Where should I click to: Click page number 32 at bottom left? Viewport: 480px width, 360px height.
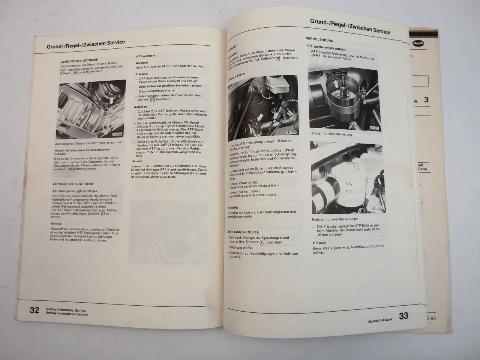coord(34,310)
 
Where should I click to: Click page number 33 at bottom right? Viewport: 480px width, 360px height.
coord(403,316)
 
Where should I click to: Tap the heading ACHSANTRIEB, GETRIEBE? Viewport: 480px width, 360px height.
coord(79,60)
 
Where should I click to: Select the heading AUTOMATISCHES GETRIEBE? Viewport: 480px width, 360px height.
coord(73,184)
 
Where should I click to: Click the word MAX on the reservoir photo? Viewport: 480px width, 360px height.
coord(349,184)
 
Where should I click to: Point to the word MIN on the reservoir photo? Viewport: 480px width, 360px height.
coord(349,192)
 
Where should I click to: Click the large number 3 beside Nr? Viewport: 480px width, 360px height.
coord(426,100)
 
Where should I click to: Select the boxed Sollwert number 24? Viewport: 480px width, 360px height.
coord(277,58)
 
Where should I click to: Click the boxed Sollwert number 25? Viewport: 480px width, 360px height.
coord(262,243)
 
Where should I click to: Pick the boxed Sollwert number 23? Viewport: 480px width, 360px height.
coord(153,100)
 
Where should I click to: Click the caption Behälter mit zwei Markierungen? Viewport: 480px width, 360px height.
coord(335,219)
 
